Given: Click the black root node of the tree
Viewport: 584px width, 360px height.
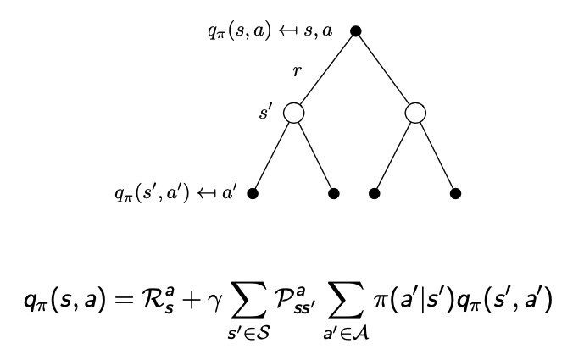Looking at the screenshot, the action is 356,31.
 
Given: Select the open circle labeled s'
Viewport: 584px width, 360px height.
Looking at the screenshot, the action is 293,113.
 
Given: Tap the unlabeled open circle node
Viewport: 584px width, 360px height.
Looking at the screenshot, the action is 415,113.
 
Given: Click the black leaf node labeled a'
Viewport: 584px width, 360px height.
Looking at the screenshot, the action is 253,193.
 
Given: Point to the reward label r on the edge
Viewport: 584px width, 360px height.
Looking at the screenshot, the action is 296,71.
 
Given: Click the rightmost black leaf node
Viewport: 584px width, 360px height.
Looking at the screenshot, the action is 456,193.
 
